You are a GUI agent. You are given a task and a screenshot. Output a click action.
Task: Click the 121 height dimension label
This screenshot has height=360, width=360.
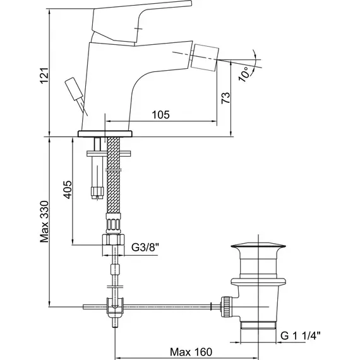point(44,76)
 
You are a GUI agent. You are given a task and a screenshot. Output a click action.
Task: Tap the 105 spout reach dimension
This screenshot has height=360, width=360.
point(160,114)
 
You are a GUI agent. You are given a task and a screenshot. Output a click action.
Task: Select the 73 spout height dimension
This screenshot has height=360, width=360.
point(225,98)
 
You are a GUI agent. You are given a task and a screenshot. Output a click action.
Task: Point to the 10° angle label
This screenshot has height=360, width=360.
point(244,74)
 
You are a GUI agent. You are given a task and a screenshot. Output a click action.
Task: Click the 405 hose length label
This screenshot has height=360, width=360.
point(68,189)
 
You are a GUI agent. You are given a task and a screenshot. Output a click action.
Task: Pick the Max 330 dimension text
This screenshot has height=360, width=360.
point(44,222)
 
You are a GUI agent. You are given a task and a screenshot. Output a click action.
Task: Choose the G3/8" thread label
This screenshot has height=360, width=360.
point(145,248)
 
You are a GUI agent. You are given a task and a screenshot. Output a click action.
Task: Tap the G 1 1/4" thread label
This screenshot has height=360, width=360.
point(300,336)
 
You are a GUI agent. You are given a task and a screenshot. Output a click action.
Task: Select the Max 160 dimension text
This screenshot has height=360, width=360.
point(191,352)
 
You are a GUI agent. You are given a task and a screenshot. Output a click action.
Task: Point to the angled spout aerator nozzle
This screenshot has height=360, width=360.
point(205,57)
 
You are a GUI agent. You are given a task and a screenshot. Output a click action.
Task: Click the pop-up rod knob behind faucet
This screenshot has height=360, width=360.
point(74,88)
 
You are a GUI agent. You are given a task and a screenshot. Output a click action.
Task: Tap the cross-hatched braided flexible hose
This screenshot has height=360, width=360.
point(114,175)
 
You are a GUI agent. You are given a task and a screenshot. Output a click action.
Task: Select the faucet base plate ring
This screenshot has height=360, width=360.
point(105,134)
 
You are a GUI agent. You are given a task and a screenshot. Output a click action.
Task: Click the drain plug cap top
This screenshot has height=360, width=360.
point(258,246)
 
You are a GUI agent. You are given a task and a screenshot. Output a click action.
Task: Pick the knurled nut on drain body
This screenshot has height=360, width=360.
point(227,307)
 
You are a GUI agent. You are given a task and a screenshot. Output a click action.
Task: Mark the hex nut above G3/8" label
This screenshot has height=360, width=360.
point(113,239)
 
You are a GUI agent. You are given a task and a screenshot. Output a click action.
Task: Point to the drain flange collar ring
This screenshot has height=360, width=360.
point(258,282)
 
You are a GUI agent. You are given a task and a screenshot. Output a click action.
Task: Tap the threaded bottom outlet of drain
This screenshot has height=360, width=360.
point(258,325)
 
